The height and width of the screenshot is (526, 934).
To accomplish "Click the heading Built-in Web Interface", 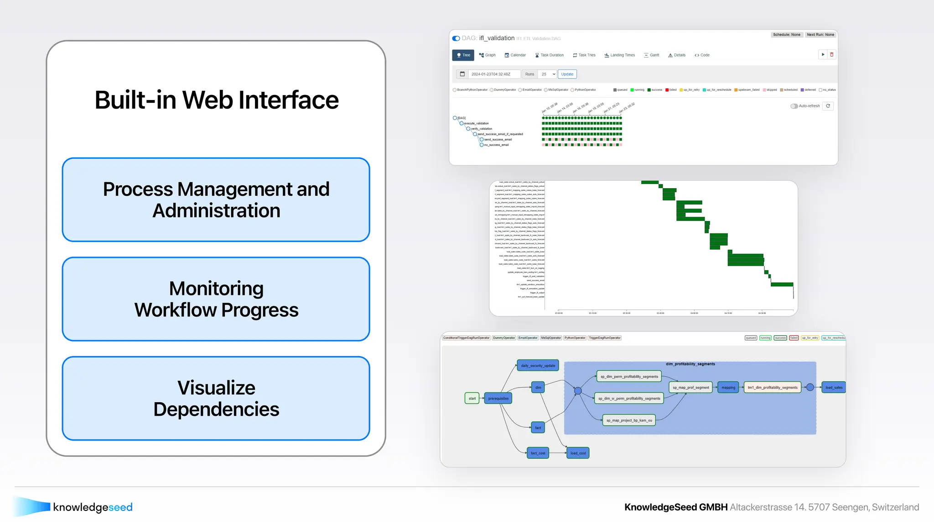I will click(216, 100).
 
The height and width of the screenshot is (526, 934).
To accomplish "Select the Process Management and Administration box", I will click(216, 200).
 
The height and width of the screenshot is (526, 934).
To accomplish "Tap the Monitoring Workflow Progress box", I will click(216, 299).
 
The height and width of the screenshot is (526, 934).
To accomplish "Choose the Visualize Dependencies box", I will click(216, 398).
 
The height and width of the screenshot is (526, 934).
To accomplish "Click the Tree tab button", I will click(463, 55).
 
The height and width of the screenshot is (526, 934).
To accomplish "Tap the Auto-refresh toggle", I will click(794, 106).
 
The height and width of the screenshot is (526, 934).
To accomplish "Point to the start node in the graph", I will click(472, 399).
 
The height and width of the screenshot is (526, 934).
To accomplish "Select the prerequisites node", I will click(498, 399).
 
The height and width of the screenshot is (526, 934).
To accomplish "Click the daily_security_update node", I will click(538, 366).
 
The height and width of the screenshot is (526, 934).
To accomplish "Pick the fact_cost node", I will click(538, 453).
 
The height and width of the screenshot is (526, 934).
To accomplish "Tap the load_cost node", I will click(578, 453).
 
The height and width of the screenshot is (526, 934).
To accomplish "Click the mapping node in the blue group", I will click(728, 388).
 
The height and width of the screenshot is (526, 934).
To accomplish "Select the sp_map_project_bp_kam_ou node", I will click(629, 421).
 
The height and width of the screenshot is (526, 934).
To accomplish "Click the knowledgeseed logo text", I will click(93, 507).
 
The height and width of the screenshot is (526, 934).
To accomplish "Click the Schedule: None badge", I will click(786, 35).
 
